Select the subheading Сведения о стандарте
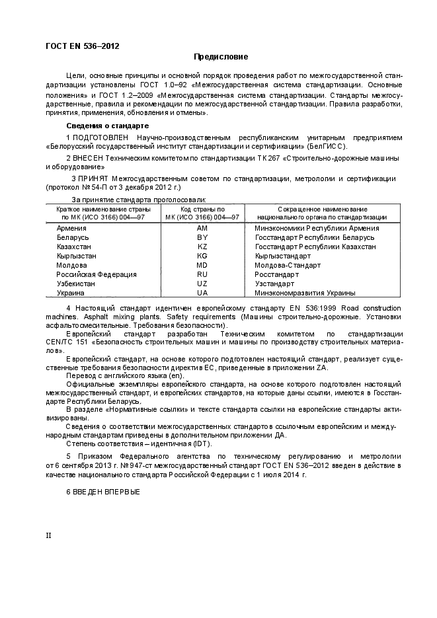click(x=107, y=126)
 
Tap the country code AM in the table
click(x=202, y=228)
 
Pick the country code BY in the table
click(x=202, y=237)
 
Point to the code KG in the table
click(x=202, y=256)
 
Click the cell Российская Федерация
click(x=97, y=274)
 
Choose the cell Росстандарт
click(x=277, y=274)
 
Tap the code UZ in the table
click(x=202, y=284)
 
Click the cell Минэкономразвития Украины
click(x=305, y=293)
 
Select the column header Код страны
click(x=202, y=209)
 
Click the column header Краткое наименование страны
click(x=103, y=209)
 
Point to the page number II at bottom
click(x=48, y=535)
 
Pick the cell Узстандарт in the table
click(x=274, y=284)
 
